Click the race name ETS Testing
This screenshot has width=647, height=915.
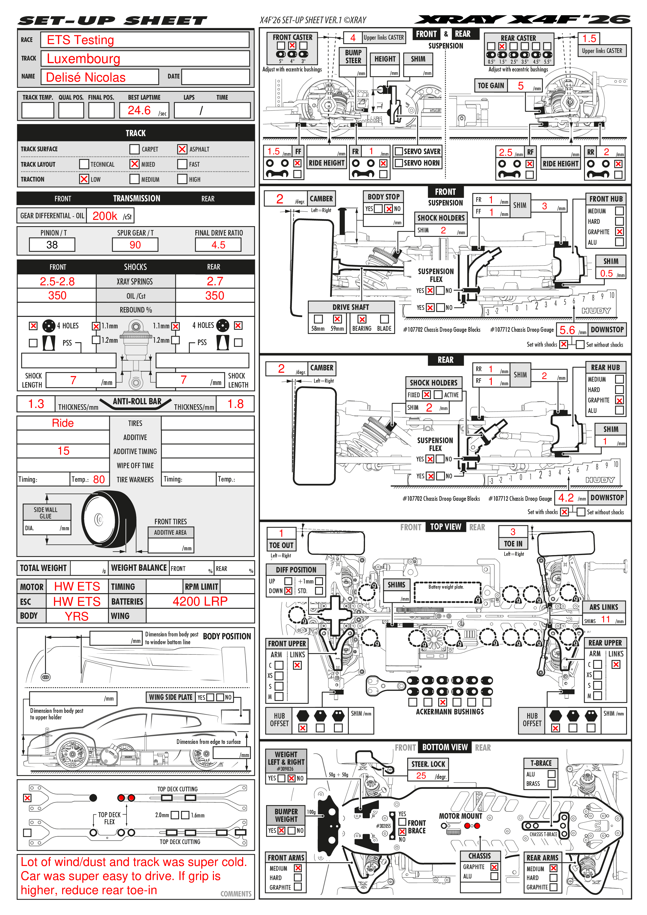click(81, 40)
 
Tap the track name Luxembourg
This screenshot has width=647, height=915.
click(83, 59)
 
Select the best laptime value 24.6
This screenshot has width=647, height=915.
click(139, 110)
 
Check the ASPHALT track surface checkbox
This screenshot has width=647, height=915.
click(182, 149)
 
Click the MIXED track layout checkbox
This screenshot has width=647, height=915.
click(134, 164)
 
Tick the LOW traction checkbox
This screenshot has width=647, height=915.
click(84, 179)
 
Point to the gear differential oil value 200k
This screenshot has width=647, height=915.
click(105, 216)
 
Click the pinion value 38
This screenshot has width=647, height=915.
click(52, 245)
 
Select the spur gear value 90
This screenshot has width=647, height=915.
click(135, 245)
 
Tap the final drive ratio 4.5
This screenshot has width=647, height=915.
click(218, 245)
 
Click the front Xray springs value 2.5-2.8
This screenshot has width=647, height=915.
click(57, 281)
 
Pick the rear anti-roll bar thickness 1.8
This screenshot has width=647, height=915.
click(235, 404)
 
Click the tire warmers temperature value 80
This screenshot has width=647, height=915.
click(99, 479)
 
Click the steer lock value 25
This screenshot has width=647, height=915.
click(421, 775)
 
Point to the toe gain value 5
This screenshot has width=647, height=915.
click(521, 86)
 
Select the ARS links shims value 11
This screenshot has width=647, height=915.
click(606, 619)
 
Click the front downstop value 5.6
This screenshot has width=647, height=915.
click(567, 330)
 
